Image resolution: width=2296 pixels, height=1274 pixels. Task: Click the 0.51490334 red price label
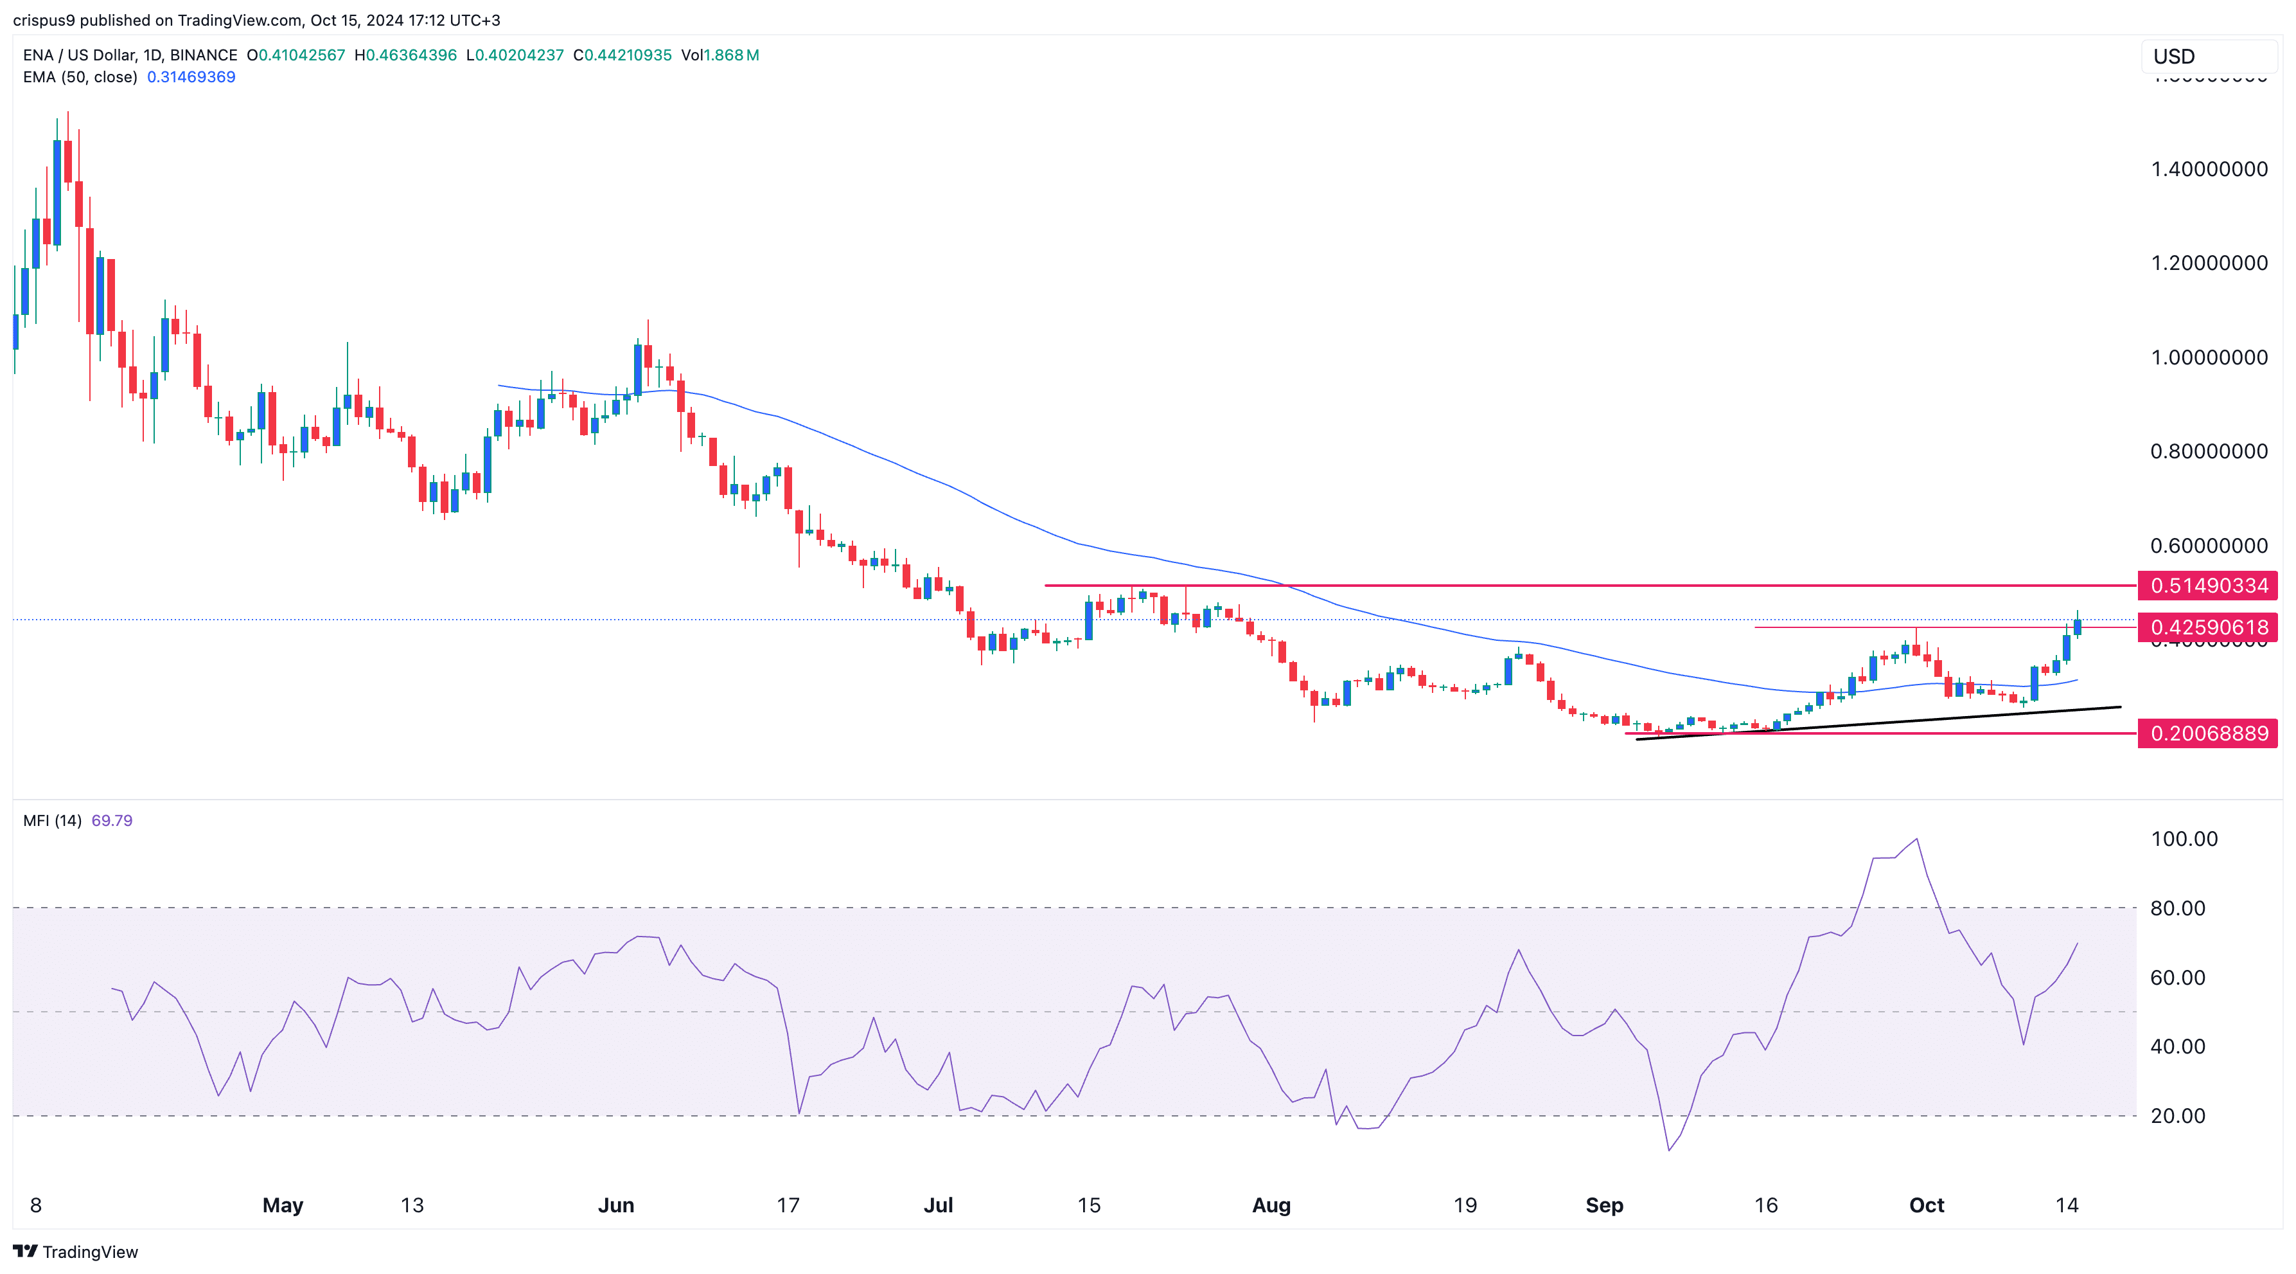click(2208, 586)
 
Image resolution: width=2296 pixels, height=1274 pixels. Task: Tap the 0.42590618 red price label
click(2208, 627)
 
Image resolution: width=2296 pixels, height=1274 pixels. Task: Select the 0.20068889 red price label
click(2208, 733)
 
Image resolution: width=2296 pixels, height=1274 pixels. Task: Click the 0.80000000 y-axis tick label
click(2208, 451)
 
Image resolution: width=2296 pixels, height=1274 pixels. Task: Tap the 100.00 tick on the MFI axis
click(2183, 839)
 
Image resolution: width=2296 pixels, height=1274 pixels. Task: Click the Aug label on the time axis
click(1271, 1205)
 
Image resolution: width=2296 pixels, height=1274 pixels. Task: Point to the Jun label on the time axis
click(616, 1205)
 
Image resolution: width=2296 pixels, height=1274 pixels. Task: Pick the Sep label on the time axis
click(1604, 1205)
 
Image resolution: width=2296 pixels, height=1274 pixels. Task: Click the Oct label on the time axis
click(1926, 1205)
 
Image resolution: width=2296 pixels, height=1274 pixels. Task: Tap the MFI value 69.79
click(111, 820)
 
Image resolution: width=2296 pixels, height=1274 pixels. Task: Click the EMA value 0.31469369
click(191, 76)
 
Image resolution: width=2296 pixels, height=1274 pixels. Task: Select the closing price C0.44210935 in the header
click(622, 55)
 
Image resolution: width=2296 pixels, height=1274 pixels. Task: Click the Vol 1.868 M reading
click(720, 55)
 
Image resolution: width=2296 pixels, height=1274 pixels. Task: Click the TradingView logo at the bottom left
click(76, 1252)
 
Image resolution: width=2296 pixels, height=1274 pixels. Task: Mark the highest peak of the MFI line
click(1916, 839)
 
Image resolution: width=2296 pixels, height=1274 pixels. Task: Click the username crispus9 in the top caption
click(44, 20)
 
